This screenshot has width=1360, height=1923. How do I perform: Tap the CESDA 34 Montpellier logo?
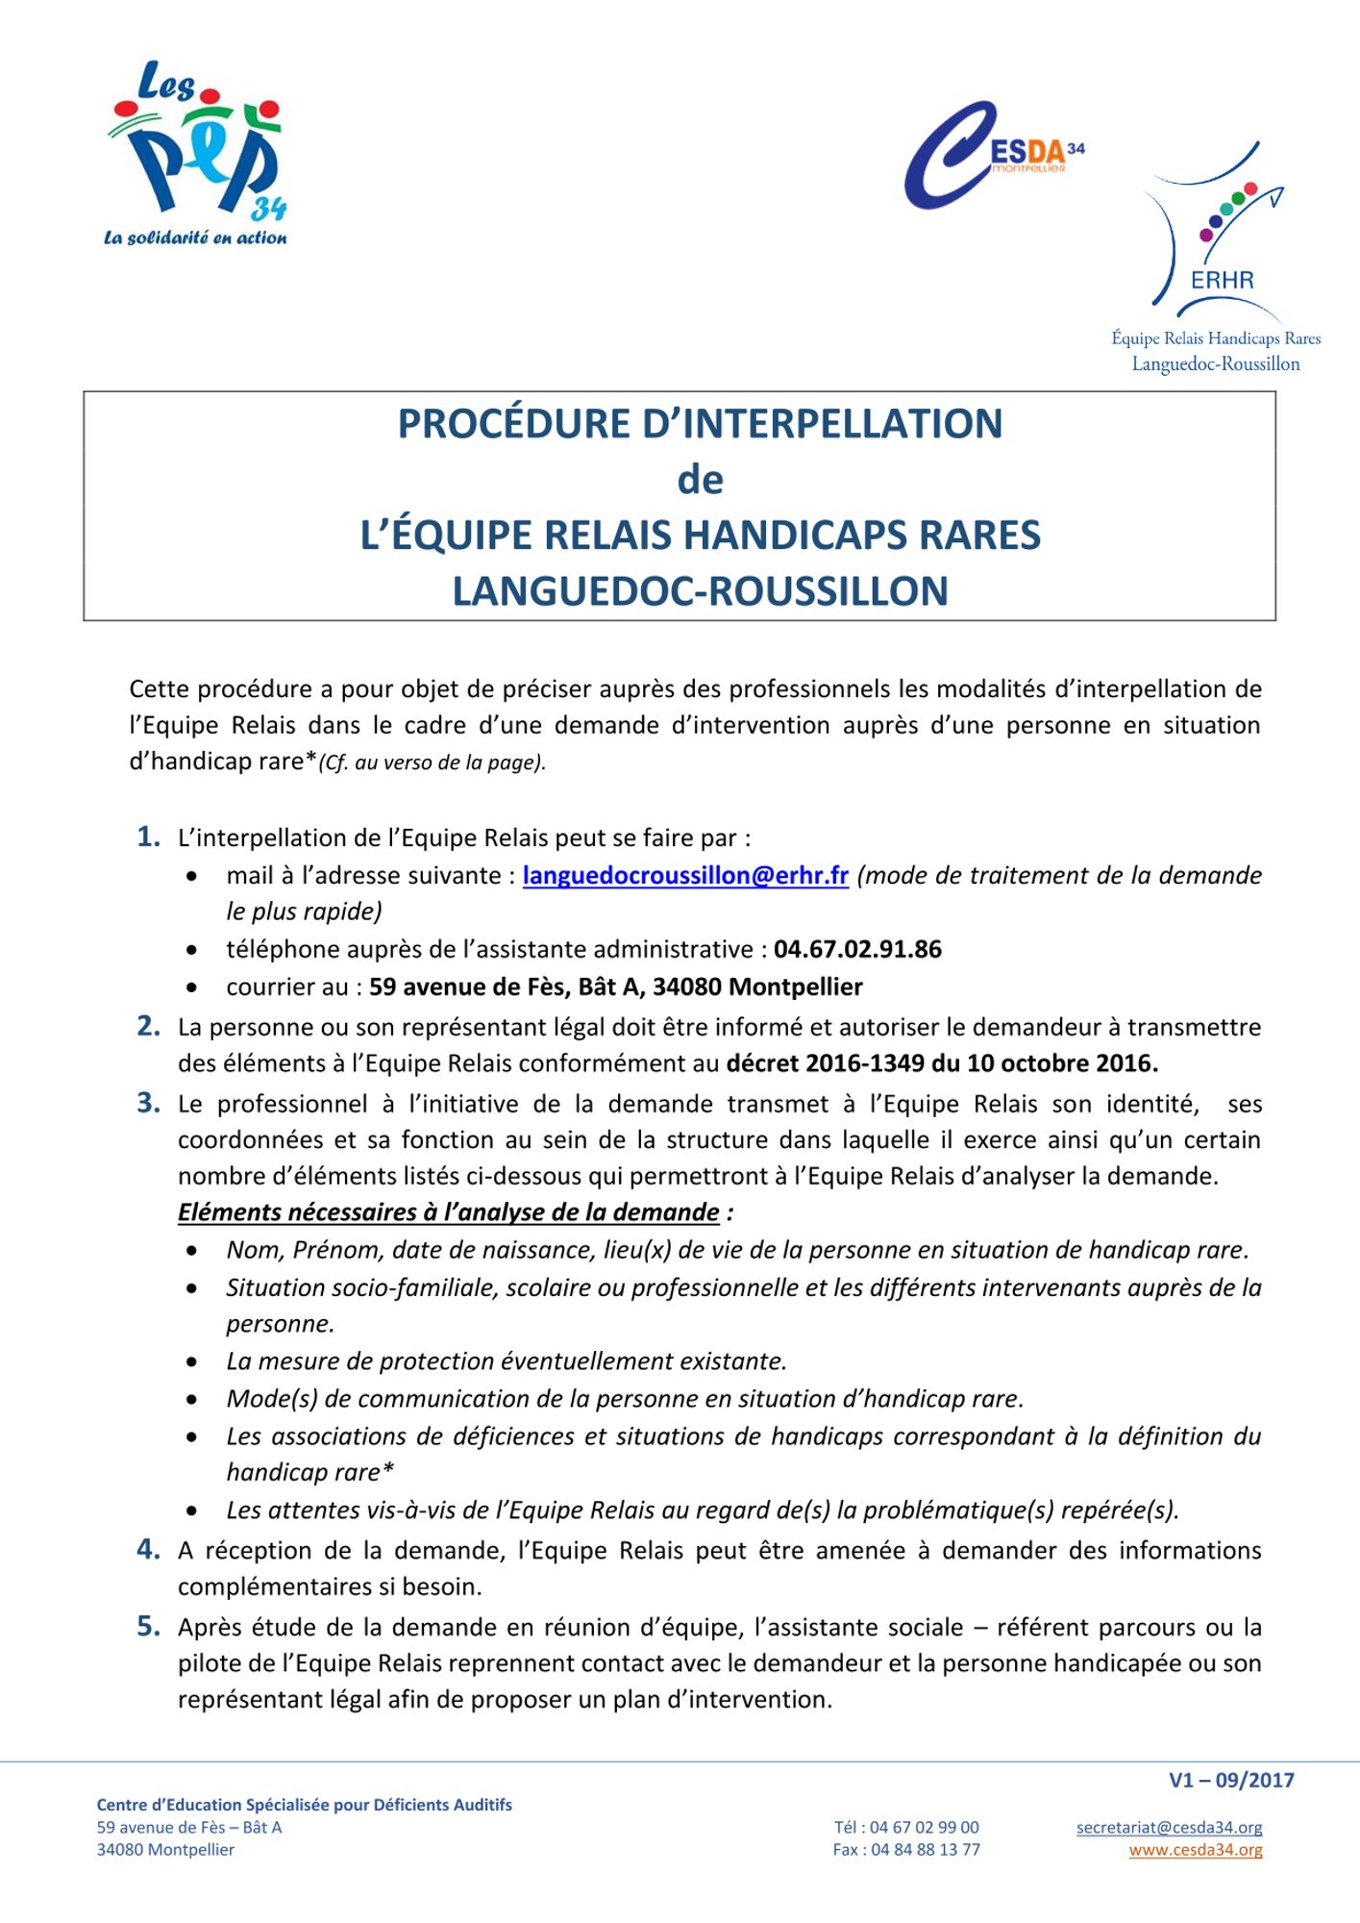pos(990,154)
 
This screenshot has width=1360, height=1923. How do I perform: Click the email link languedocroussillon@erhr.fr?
pos(685,876)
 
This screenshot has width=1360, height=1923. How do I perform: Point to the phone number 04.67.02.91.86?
pos(857,950)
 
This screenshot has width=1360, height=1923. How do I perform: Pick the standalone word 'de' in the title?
pos(700,480)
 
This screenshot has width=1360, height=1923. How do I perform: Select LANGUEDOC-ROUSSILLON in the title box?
pos(700,591)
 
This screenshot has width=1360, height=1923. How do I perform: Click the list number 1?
pos(148,837)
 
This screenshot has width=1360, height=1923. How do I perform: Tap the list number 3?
pos(148,1103)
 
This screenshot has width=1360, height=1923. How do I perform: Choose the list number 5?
pos(148,1627)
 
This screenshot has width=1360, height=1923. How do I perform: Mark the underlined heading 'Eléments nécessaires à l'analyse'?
pos(449,1212)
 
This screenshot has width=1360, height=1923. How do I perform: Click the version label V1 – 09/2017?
pos(1231,1780)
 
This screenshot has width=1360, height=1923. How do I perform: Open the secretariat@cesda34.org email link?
pos(1169,1827)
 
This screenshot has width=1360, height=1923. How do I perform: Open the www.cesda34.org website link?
pos(1196,1849)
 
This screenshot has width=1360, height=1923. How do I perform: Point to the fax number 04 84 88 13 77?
pos(925,1849)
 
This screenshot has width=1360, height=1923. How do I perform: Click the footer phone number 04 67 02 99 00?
pos(925,1827)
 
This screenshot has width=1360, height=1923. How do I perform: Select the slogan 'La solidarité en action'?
pos(195,237)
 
